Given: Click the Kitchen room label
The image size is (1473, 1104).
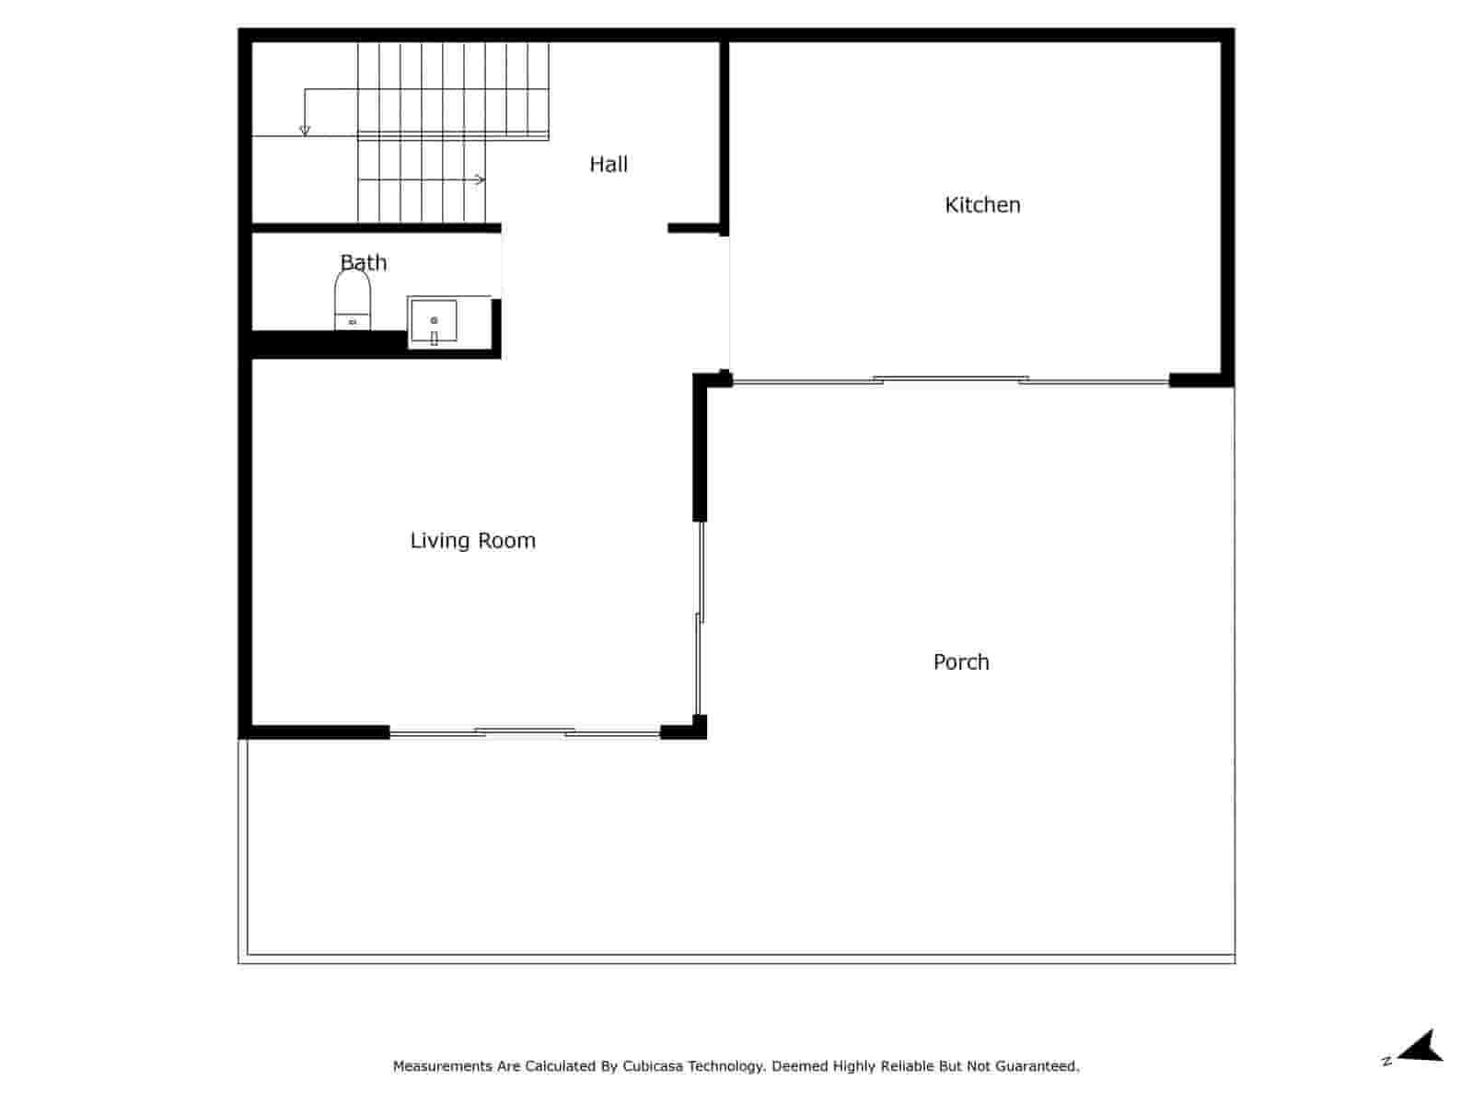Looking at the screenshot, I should pos(982,205).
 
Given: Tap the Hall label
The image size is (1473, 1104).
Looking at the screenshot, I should pos(609,165).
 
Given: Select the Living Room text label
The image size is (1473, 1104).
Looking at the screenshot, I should pos(472,541).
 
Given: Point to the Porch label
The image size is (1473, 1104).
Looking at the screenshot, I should pos(961,662).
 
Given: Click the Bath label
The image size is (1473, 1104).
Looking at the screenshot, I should pos(364,263).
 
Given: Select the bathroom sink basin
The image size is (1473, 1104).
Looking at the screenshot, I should pos(434,320).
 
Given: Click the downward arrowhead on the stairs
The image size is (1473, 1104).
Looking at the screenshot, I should pos(305,131).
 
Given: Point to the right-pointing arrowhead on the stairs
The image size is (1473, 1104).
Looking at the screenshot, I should pos(481,179).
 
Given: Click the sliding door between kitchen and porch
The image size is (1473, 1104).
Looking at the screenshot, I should pos(951,380).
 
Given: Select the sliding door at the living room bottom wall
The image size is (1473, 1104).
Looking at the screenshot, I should pos(525,732).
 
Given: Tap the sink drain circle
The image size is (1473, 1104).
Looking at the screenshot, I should pos(434,320).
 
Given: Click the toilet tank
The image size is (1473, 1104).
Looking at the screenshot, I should pos(353,321).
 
